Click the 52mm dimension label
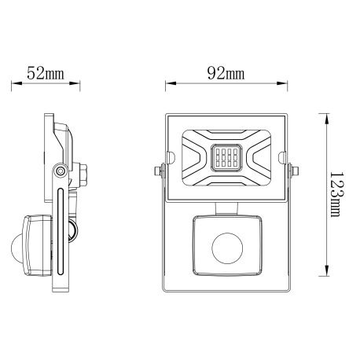(x=45, y=74)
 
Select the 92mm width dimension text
(x=225, y=74)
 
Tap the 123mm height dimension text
(x=336, y=195)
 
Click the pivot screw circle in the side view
(x=60, y=172)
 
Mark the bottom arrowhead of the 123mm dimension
(x=325, y=276)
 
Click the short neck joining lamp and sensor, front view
(x=226, y=207)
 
